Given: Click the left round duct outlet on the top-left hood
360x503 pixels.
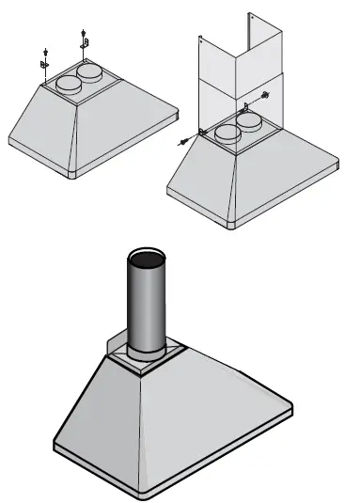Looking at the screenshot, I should pos(68,85).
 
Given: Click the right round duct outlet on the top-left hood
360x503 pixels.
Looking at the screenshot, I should pos(90,71).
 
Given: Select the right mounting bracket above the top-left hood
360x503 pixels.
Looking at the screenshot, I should pos(86,42).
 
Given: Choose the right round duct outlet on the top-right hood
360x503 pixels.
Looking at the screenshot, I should pos(249,121).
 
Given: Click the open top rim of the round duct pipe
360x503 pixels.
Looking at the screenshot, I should pos(144,257).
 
